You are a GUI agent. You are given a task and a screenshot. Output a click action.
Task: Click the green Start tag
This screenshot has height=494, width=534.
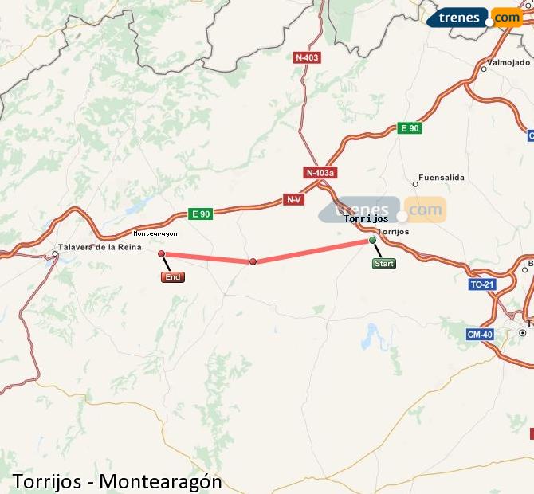point(383,264)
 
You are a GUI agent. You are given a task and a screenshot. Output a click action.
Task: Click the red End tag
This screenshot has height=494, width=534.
point(172,277)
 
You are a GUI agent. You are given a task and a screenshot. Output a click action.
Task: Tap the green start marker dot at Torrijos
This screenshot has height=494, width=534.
point(372,239)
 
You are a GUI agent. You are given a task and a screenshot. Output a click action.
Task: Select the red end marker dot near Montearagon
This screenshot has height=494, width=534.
point(162,253)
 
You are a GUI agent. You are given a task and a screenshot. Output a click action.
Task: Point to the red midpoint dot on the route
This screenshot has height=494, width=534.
point(253,261)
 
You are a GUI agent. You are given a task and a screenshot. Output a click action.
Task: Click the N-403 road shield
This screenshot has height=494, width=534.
point(307,57)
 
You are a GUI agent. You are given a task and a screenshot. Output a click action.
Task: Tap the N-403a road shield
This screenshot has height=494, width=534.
point(320,172)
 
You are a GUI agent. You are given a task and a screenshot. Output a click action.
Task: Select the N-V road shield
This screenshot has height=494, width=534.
point(293,199)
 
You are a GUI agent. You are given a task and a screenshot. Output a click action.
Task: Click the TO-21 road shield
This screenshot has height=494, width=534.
point(482,284)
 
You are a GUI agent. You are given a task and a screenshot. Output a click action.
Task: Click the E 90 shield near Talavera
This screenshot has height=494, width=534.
point(200,214)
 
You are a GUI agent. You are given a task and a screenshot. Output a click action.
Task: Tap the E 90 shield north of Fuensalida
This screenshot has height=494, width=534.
point(409,127)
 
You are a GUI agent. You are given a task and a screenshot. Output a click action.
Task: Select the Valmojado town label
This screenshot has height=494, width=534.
point(508,61)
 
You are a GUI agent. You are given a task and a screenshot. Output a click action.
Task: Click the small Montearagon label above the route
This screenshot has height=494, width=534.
point(155,233)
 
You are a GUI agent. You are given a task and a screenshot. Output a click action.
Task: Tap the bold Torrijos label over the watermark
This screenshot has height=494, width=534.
point(366,218)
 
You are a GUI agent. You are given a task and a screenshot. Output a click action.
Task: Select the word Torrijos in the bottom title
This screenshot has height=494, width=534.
point(45,481)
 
